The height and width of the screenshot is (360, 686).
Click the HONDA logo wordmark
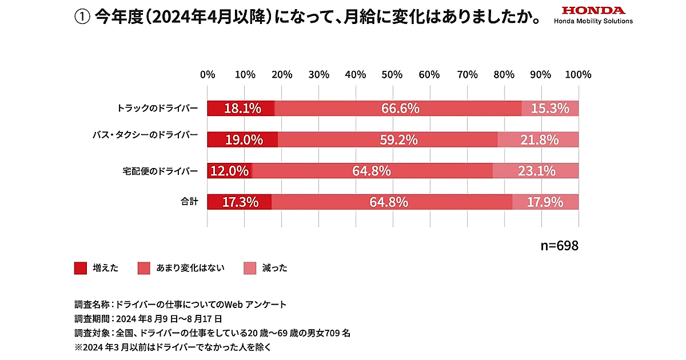pos(593,10)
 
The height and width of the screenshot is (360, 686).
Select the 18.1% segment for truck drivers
pos(241,108)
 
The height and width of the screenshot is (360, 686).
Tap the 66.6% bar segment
pos(398,108)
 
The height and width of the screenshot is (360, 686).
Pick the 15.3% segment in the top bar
pos(550,108)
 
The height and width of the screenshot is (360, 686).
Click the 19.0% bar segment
pos(242,139)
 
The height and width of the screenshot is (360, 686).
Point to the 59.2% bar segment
pos(388,139)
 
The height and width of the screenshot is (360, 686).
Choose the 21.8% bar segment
pos(538,139)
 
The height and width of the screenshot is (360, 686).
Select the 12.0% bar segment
pos(229,170)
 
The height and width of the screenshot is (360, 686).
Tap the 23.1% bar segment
pos(536,170)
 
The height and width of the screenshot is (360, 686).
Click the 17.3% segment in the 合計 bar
pos(239,202)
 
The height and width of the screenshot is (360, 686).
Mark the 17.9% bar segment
pos(545,202)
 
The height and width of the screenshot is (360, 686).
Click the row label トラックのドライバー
pos(157,108)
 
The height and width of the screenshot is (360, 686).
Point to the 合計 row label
pos(189,202)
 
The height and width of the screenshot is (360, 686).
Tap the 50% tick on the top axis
pos(393,75)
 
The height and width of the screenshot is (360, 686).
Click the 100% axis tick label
pos(579,75)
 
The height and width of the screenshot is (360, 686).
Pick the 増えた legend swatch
pos(81,268)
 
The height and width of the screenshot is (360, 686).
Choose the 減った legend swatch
pos(250,268)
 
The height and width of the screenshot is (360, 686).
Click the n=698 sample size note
pos(560,246)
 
